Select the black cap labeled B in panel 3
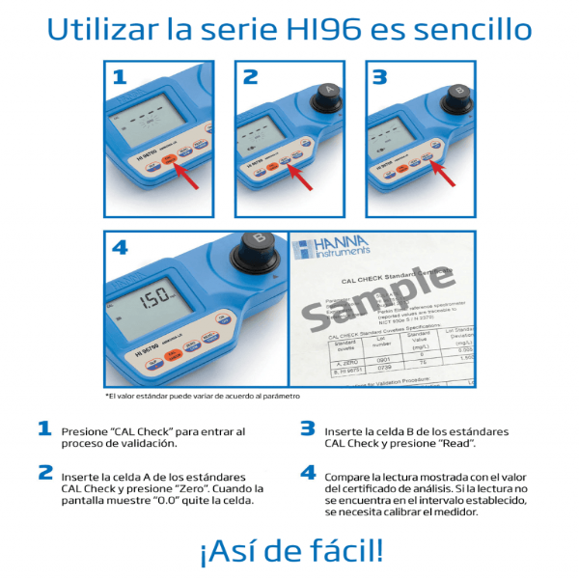pos(458,96)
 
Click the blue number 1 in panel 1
pos(119,77)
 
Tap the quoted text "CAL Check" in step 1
pos(123,431)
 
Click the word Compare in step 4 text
pos(349,477)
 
